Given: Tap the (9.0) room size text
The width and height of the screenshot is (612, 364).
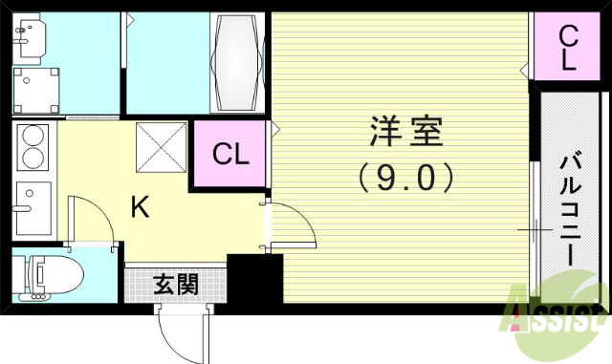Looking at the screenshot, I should pyautogui.click(x=406, y=177).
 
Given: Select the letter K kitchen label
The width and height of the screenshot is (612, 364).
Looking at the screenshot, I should pyautogui.click(x=140, y=207).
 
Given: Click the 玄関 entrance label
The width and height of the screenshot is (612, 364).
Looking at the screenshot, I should pyautogui.click(x=176, y=283).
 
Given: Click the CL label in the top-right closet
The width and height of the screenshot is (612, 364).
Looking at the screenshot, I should pyautogui.click(x=568, y=48).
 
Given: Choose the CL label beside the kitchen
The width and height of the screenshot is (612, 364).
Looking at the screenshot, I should pyautogui.click(x=230, y=154).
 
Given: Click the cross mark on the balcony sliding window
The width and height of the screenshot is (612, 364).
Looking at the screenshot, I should pyautogui.click(x=534, y=230).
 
